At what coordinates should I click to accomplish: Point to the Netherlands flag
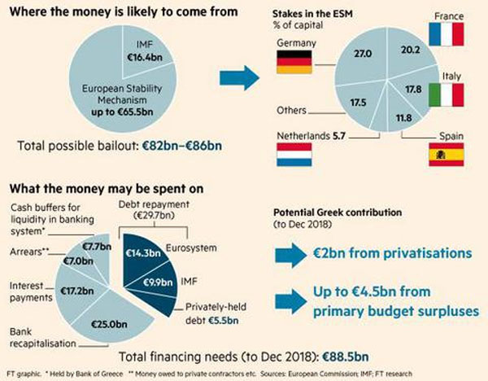pyautogui.click(x=294, y=155)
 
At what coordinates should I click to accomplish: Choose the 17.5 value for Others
pyautogui.click(x=357, y=103)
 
